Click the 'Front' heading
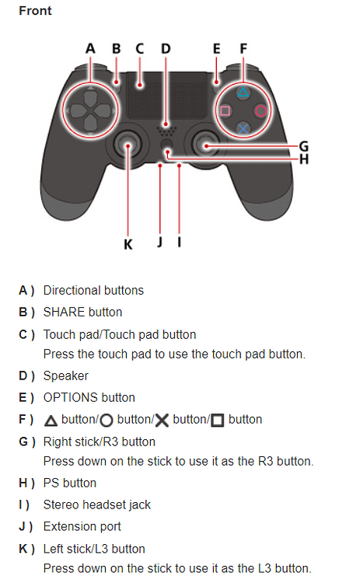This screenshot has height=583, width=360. pyautogui.click(x=36, y=12)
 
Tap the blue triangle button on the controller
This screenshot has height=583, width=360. pyautogui.click(x=243, y=92)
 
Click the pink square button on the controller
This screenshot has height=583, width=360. pyautogui.click(x=225, y=110)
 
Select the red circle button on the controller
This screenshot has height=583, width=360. pyautogui.click(x=261, y=110)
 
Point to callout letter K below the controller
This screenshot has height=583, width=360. pyautogui.click(x=128, y=244)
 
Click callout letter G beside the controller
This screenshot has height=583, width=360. pyautogui.click(x=303, y=145)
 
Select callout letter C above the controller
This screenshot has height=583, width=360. pyautogui.click(x=140, y=49)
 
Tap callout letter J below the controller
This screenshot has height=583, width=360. pyautogui.click(x=159, y=243)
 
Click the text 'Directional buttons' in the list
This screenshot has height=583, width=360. pyautogui.click(x=93, y=290)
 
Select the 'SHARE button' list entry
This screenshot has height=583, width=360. pyautogui.click(x=82, y=312)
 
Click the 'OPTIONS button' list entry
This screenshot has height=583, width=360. pyautogui.click(x=89, y=397)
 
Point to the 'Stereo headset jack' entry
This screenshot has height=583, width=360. pyautogui.click(x=96, y=504)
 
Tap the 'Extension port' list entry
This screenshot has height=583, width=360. pyautogui.click(x=82, y=526)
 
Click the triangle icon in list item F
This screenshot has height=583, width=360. pyautogui.click(x=51, y=420)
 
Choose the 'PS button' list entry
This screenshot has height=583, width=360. pyautogui.click(x=69, y=483)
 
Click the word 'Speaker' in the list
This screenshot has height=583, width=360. pyautogui.click(x=65, y=375)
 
